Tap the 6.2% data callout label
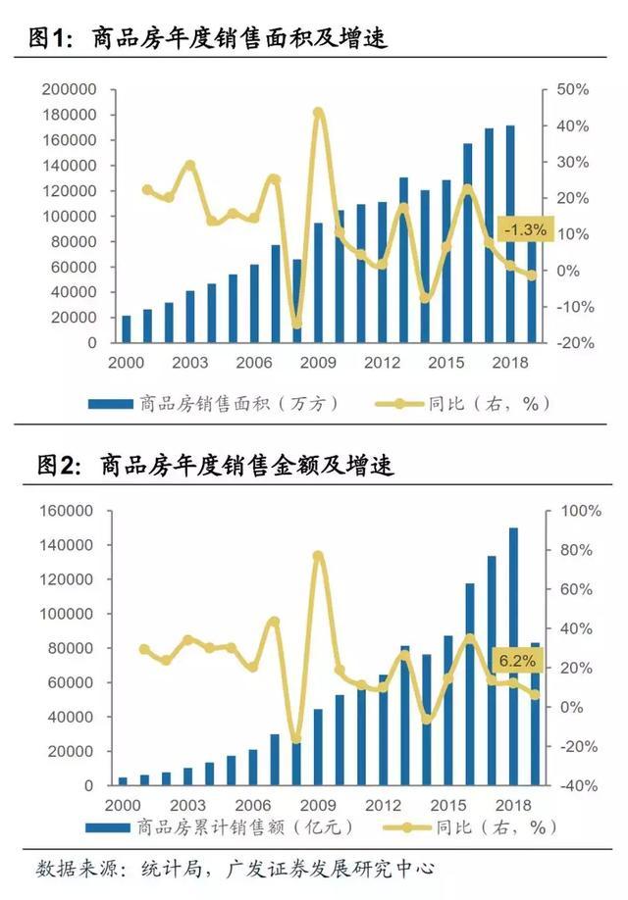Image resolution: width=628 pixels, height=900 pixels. [517, 661]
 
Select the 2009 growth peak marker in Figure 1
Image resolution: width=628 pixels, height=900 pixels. [318, 113]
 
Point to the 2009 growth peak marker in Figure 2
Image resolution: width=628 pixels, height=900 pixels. [318, 556]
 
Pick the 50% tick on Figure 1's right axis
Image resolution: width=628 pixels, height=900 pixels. [572, 89]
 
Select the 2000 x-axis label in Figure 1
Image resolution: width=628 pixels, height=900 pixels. [127, 363]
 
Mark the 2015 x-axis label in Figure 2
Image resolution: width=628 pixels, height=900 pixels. [447, 804]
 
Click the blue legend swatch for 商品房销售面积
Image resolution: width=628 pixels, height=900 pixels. [110, 403]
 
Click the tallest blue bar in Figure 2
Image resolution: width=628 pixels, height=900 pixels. [512, 656]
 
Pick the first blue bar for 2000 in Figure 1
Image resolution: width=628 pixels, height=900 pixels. [126, 329]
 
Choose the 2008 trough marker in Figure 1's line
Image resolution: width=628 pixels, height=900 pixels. [296, 324]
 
